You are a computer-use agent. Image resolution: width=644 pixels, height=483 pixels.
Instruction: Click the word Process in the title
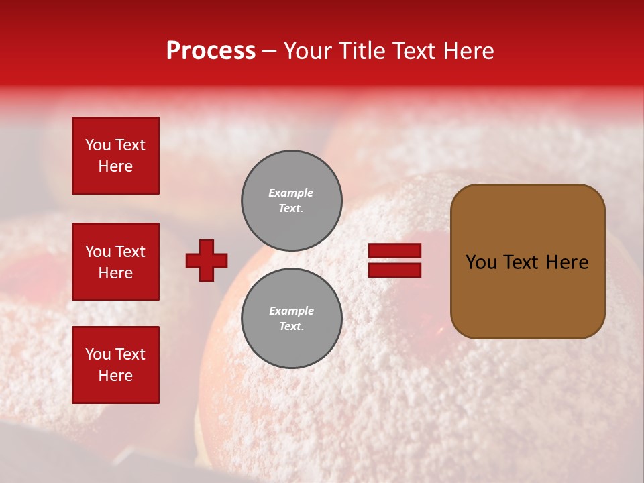pyautogui.click(x=211, y=51)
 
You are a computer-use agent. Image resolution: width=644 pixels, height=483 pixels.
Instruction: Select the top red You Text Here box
pyautogui.click(x=115, y=156)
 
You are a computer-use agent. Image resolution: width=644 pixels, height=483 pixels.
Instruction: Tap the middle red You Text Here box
pyautogui.click(x=115, y=262)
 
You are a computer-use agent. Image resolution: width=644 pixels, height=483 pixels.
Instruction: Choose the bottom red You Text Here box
pyautogui.click(x=115, y=365)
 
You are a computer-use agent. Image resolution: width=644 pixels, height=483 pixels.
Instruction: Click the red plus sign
pyautogui.click(x=207, y=260)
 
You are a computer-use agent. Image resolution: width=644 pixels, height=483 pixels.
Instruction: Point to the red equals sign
pyautogui.click(x=394, y=260)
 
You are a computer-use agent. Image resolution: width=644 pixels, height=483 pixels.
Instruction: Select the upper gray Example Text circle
pyautogui.click(x=292, y=201)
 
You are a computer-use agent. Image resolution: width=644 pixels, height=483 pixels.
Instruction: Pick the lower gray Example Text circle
pyautogui.click(x=292, y=319)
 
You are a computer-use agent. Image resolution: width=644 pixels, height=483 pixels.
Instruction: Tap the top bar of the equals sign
pyautogui.click(x=394, y=251)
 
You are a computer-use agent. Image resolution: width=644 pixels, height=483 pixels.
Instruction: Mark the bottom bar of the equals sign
pyautogui.click(x=394, y=270)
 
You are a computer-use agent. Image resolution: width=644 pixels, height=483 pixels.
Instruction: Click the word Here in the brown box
pyautogui.click(x=567, y=262)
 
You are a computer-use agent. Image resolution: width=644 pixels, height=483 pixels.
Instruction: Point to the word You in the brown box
pyautogui.click(x=480, y=262)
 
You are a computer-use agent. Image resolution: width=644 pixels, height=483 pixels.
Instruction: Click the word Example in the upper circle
pyautogui.click(x=290, y=193)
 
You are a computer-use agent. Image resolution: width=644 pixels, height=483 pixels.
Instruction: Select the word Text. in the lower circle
pyautogui.click(x=291, y=327)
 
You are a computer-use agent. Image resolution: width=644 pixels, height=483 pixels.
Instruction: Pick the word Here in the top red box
pyautogui.click(x=115, y=166)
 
